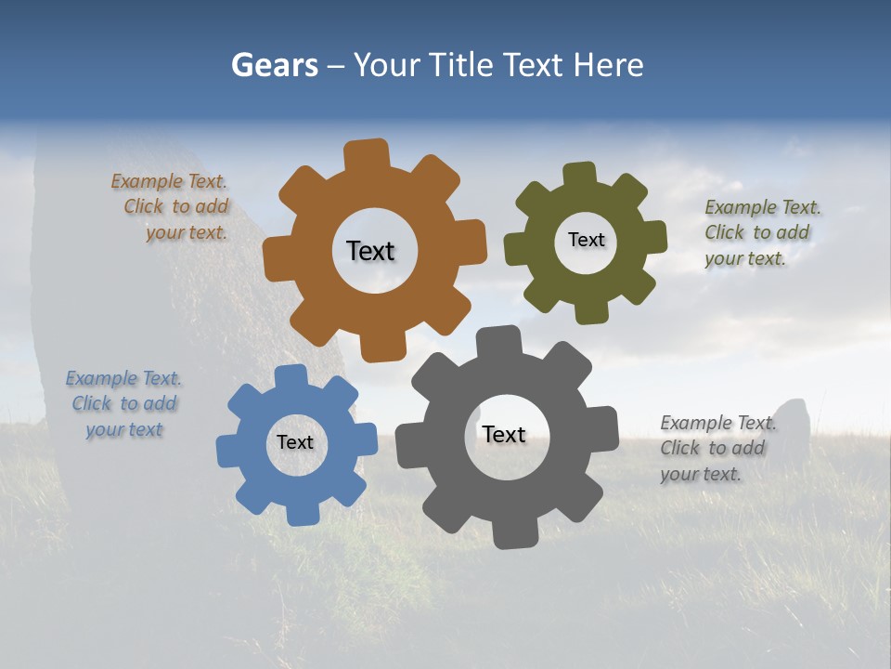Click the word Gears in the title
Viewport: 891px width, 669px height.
tap(274, 65)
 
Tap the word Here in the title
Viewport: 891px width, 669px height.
tap(608, 65)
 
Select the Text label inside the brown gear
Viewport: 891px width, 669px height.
tap(370, 251)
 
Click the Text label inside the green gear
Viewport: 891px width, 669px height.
tap(586, 240)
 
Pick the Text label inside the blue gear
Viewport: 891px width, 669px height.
tap(295, 442)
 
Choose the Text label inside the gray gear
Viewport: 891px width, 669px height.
tap(504, 434)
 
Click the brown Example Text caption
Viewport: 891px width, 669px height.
tap(172, 207)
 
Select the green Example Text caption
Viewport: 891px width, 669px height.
tap(761, 233)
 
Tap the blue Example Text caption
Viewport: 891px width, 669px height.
tap(124, 404)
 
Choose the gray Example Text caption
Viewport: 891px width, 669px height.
tap(717, 449)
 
